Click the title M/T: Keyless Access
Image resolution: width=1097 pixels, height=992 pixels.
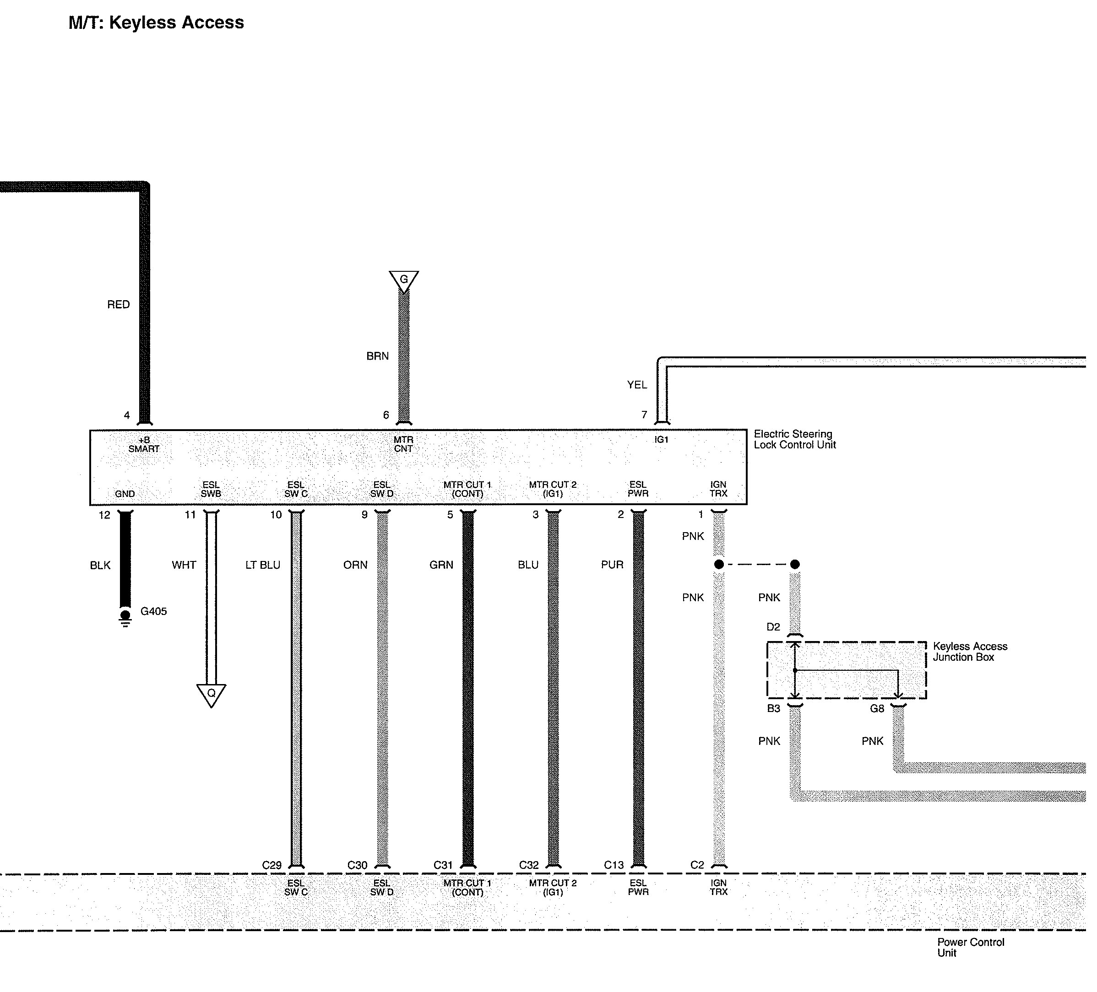point(156,23)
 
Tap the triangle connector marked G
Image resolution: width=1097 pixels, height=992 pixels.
point(404,280)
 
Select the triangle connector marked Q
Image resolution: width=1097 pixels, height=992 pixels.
point(211,694)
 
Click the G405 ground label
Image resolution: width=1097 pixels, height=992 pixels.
point(153,611)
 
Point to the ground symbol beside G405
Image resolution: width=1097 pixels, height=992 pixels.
point(125,618)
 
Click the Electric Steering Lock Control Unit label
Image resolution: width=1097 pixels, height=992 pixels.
point(794,439)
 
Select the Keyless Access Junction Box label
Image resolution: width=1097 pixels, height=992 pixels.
point(970,652)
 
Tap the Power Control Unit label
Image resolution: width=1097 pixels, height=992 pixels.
point(970,947)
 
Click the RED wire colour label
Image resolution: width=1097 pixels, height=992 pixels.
point(118,305)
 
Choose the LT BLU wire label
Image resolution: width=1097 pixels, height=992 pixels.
point(263,565)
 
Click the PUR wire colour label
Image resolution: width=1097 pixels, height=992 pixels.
point(612,565)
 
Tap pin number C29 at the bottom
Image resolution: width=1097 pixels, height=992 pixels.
point(272,865)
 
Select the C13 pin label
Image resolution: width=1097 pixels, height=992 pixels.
point(614,865)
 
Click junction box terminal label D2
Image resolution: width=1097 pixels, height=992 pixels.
point(773,627)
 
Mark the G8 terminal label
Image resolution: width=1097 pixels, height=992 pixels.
point(877,709)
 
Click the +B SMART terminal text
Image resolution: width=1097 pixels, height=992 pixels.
point(144,444)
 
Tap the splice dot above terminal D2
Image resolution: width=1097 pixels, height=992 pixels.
point(795,565)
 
